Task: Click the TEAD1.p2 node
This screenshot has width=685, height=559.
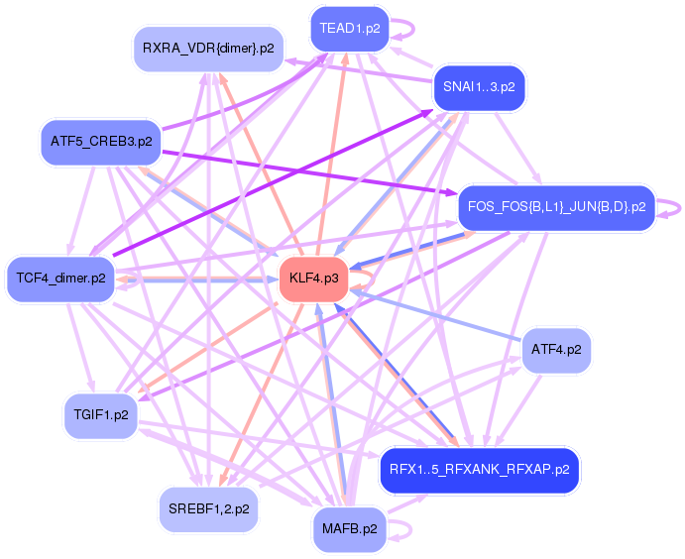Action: coord(350,29)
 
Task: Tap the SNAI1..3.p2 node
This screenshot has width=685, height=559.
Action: coord(479,87)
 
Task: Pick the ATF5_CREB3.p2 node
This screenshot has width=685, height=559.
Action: coord(101,142)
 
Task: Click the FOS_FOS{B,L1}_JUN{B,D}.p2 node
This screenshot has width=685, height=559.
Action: coord(555,207)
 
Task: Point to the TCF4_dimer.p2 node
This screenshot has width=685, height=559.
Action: coord(61,279)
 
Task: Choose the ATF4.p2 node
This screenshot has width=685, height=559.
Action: coord(556,350)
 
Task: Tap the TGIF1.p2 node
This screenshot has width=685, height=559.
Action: coord(101,414)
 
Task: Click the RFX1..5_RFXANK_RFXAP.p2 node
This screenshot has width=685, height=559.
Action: coord(479,469)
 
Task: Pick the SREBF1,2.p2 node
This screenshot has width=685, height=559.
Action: coord(208,508)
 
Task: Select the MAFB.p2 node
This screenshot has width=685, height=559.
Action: coord(350,528)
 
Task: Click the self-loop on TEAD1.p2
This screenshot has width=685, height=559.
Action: coord(400,28)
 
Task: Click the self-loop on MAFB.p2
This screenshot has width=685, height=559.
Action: coord(400,529)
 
